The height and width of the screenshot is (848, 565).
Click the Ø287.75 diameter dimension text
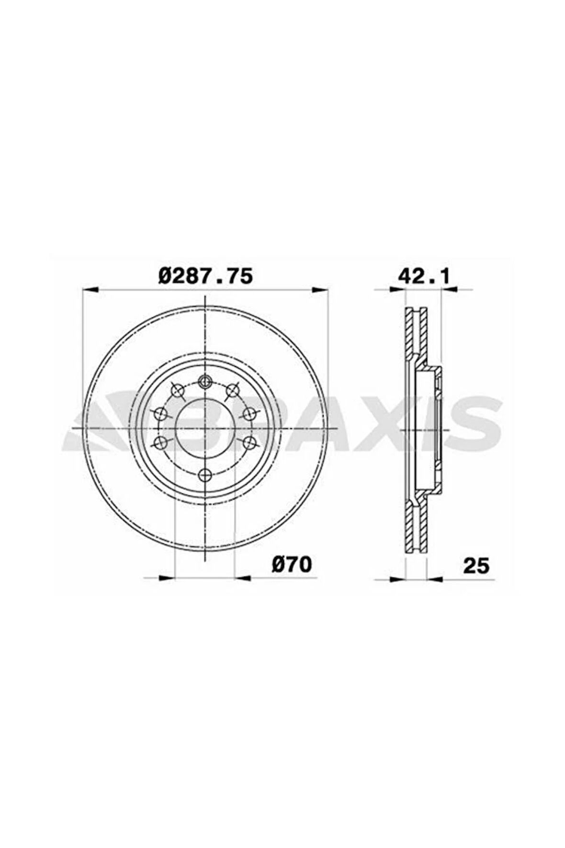point(205,276)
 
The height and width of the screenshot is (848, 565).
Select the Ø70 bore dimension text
point(292,565)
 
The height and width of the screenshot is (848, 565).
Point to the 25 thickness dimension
point(476,566)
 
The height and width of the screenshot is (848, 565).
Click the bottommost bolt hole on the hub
point(205,475)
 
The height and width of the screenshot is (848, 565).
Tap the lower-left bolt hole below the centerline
point(162,443)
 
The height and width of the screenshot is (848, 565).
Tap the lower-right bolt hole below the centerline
point(249,443)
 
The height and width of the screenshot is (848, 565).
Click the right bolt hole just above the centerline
point(249,413)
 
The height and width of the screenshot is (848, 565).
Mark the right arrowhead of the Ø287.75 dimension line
point(320,289)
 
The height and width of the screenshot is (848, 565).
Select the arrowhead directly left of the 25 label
point(434,579)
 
